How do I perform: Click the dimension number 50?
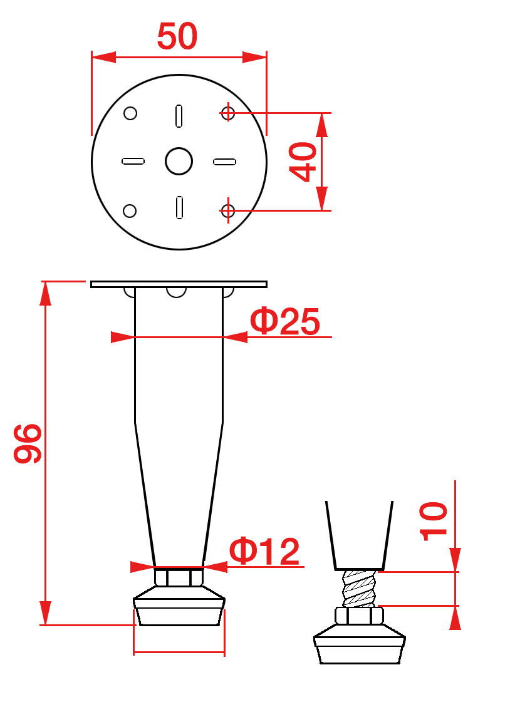177,36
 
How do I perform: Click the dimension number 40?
303,162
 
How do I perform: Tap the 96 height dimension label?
28,443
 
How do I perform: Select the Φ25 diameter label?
285,321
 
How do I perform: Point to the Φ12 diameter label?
264,551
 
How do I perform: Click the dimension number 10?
434,522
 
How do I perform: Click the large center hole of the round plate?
179,161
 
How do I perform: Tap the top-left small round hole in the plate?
130,113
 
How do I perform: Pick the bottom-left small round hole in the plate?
130,210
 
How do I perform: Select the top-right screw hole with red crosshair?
228,113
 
